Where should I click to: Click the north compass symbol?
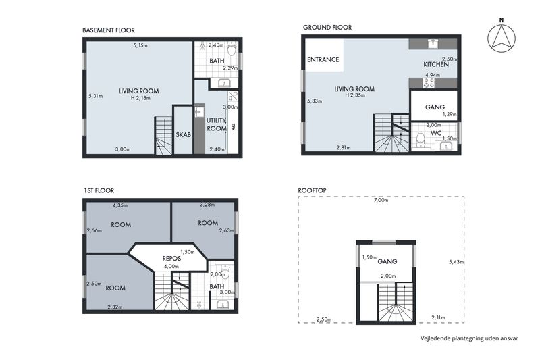pos(502,36)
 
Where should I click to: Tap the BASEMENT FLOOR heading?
pos(109,30)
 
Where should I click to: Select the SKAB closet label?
pos(183,134)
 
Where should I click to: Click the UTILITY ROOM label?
pos(217,124)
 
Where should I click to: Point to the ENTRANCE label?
pos(323,59)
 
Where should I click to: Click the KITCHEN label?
pos(436,64)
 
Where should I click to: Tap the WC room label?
pos(436,133)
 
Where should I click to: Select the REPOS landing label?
pos(171,259)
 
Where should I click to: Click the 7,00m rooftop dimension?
pos(381,200)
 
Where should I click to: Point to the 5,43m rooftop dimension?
pos(456,262)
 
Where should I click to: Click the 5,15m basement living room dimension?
pos(140,45)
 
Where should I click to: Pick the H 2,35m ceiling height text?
pos(355,95)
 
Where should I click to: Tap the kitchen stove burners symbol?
pos(429,83)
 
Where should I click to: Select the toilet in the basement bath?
pos(232,49)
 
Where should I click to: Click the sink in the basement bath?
pos(224,83)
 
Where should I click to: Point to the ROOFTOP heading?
pos(312,190)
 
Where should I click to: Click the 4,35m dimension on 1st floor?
pos(120,205)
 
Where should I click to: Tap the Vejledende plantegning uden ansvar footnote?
pos(469,338)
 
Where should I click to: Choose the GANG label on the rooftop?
pos(387,261)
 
